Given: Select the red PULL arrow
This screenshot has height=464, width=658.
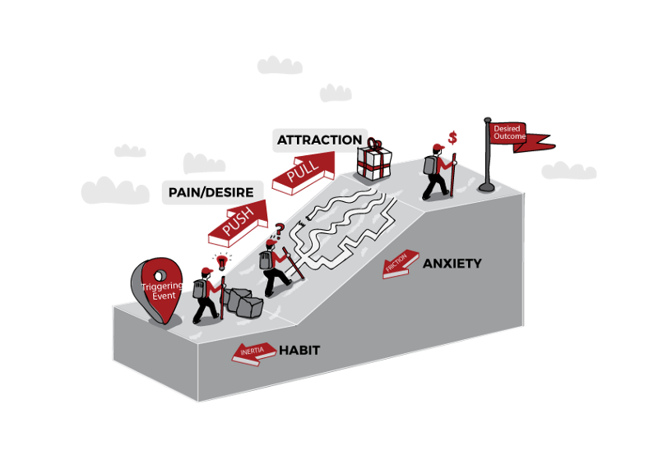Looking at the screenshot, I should [303, 172].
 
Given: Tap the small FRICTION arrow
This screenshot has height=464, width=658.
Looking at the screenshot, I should [401, 264].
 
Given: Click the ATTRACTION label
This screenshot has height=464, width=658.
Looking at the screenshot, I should [319, 140].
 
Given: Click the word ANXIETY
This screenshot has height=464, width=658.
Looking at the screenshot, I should [452, 264].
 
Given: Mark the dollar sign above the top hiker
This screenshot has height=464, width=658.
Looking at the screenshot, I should [452, 136].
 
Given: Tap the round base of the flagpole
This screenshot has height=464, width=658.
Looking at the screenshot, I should [487, 186].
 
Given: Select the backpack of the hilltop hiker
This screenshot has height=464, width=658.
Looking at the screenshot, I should [429, 164].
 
